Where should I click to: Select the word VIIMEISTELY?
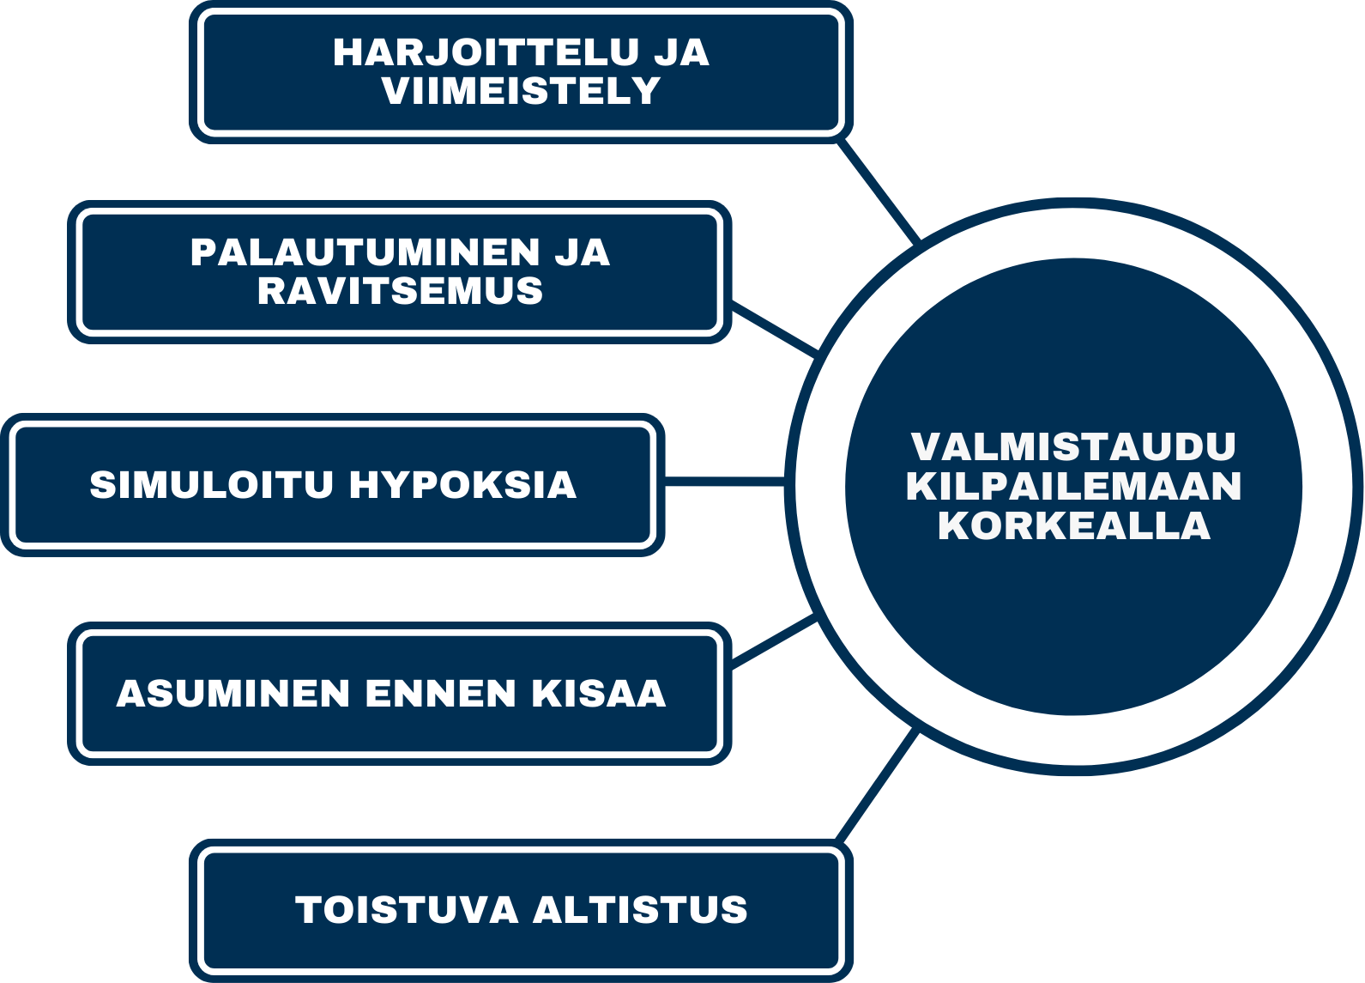[522, 91]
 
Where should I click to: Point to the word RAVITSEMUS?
[400, 291]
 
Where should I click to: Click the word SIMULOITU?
[211, 485]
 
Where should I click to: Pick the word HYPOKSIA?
[462, 485]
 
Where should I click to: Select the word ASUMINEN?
[233, 694]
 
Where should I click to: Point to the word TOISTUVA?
[407, 910]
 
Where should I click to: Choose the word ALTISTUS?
[640, 910]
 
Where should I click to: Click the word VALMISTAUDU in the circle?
[1073, 446]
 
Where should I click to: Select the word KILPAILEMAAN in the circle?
[1073, 486]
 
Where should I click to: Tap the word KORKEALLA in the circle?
[1073, 525]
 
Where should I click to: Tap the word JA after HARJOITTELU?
[681, 52]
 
